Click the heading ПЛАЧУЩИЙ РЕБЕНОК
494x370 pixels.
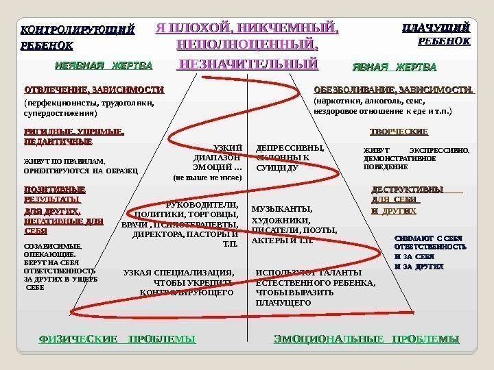436,29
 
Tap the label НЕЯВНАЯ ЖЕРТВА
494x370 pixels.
103,66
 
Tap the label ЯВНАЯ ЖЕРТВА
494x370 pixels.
394,66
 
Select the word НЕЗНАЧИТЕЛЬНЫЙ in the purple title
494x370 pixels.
248,64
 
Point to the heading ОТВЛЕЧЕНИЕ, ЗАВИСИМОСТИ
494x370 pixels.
94,90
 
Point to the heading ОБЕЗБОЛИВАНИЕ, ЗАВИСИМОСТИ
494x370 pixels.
394,90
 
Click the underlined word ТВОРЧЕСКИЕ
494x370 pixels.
399,132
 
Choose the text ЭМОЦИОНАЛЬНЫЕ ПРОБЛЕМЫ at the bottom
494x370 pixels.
366,339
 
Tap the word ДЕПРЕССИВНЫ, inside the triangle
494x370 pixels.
289,147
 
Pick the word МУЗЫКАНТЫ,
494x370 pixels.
282,209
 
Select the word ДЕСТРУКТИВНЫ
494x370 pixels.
407,189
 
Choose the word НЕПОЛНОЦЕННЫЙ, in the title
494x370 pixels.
248,45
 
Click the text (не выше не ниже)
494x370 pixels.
208,177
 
